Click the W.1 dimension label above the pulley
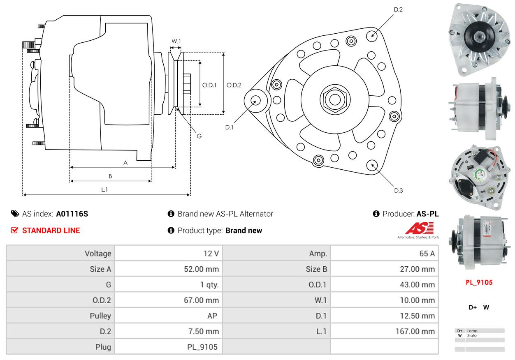tap(176, 41)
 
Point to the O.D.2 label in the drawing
tap(234, 85)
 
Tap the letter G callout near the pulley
tap(199, 136)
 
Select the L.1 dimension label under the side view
tap(104, 189)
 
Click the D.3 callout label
tap(399, 190)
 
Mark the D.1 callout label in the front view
tap(229, 127)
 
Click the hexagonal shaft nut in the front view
tap(335, 100)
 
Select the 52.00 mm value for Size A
tap(202, 269)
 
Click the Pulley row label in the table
tap(100, 316)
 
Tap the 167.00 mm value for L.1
tap(415, 331)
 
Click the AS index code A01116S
tap(72, 214)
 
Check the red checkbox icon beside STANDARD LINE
tap(14, 230)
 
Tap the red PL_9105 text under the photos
tap(479, 282)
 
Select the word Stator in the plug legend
tap(473, 335)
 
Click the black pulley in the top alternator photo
tap(480, 37)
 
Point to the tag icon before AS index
tap(15, 214)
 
